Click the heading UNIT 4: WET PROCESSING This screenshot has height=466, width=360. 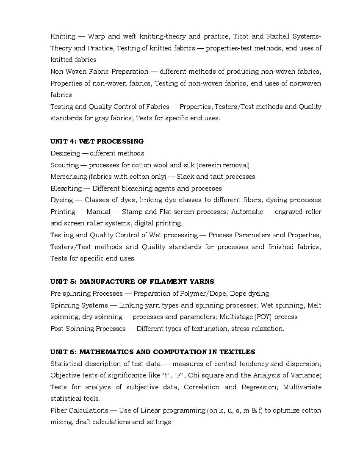click(x=97, y=141)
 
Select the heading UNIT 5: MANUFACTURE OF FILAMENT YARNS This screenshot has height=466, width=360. click(x=132, y=282)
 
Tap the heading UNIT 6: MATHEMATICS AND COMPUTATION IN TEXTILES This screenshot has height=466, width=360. click(x=152, y=352)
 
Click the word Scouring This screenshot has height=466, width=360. click(x=64, y=165)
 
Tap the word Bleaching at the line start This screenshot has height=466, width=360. click(x=66, y=189)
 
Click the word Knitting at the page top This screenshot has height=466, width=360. click(x=63, y=36)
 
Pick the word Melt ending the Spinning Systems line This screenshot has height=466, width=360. click(x=314, y=305)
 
